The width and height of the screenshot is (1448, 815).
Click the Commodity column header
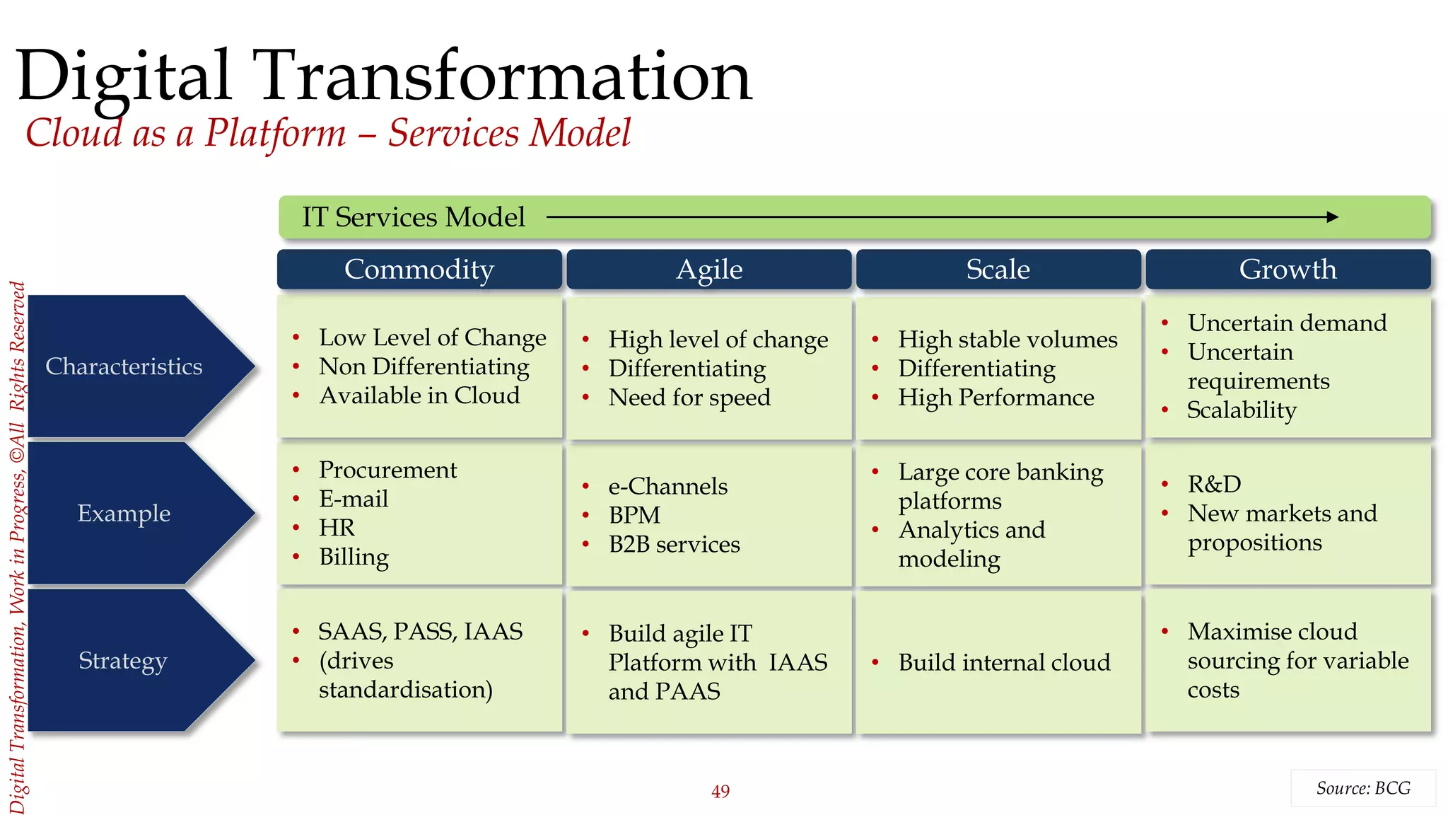419,270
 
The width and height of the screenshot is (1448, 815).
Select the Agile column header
709,270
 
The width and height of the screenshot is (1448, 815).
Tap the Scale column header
998,270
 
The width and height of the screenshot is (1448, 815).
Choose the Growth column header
1288,270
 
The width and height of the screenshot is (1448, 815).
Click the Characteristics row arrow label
124,366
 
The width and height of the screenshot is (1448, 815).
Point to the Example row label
124,513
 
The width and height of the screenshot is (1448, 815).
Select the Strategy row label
123,660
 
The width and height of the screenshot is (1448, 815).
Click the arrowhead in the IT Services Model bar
1332,217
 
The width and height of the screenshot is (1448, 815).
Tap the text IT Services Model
414,217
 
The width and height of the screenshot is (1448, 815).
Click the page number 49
720,791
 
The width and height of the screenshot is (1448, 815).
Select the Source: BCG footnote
1362,788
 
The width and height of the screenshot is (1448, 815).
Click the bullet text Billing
354,557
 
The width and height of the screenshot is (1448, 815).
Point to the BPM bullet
634,515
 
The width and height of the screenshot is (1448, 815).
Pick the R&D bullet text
1214,484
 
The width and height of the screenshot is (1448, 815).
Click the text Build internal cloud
1004,662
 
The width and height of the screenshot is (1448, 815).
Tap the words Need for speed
689,398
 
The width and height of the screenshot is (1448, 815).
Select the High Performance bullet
995,398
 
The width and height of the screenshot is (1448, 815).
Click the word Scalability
1242,410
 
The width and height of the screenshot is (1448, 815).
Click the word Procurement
387,470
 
